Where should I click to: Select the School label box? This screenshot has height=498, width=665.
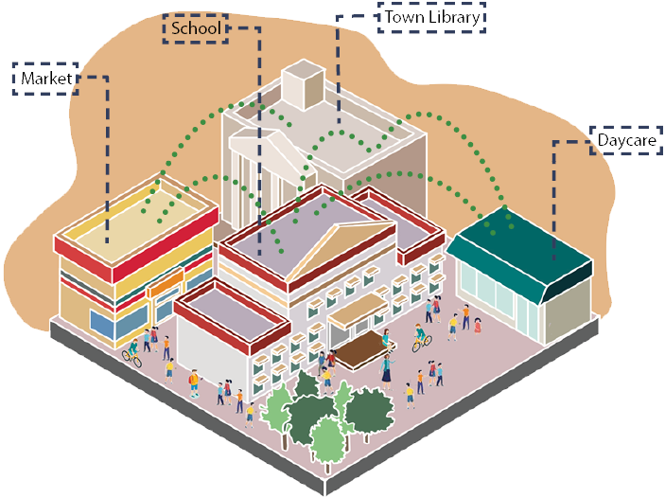197,29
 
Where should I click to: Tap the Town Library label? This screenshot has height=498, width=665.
431,17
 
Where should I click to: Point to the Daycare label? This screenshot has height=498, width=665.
626,141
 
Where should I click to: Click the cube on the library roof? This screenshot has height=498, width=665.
304,82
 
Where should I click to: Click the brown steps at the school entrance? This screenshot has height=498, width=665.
359,351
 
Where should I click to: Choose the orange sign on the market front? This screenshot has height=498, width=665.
165,284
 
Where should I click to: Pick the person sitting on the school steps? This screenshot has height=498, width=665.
385,335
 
